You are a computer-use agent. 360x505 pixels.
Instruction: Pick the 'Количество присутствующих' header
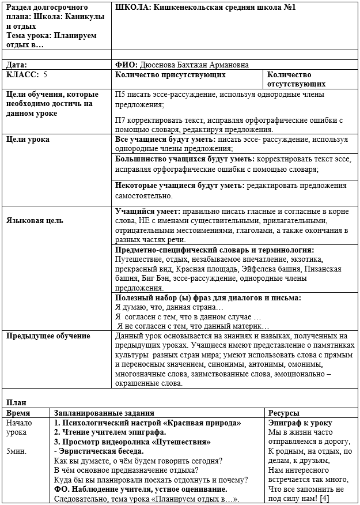coord(170,74)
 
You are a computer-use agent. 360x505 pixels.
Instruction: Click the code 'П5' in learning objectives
coord(121,95)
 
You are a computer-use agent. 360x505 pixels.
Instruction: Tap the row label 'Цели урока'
coord(28,139)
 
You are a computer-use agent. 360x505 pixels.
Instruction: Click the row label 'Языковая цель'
coord(35,220)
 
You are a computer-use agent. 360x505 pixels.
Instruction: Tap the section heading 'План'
coord(16,402)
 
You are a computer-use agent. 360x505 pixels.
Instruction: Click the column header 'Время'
coord(19,413)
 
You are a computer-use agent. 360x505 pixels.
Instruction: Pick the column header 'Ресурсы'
coord(284,413)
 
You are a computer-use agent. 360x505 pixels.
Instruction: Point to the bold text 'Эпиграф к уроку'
coord(300,423)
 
